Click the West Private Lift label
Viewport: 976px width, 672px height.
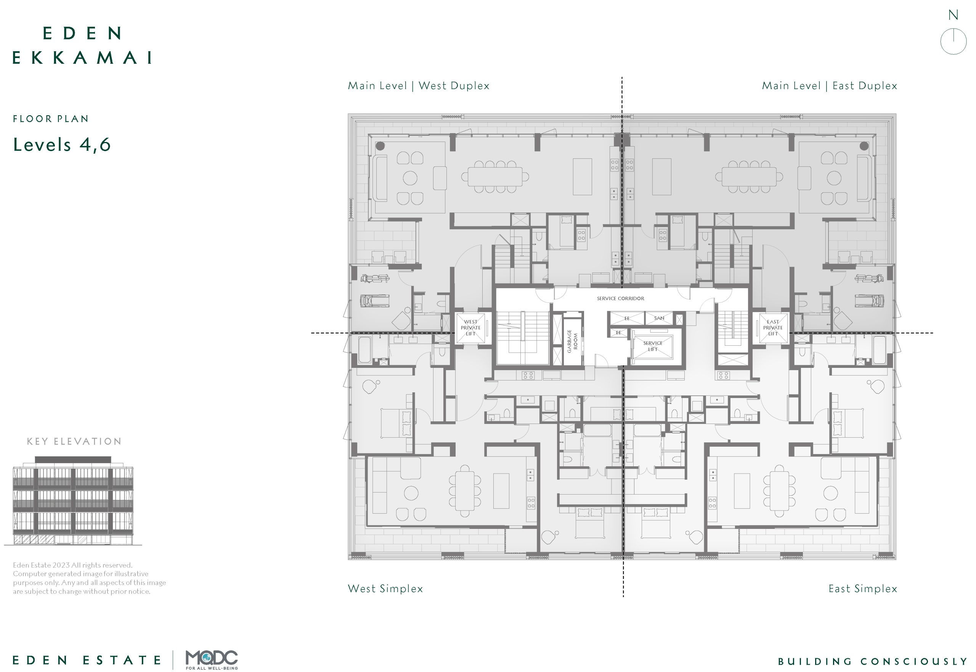[470, 327]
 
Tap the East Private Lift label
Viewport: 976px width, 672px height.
[773, 327]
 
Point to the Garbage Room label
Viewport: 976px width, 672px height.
[572, 341]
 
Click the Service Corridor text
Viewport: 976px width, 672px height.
[621, 298]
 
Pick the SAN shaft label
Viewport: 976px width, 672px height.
[659, 318]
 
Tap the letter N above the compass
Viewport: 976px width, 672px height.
[953, 15]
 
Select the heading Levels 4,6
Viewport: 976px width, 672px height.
[62, 144]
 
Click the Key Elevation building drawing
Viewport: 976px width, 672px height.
[73, 501]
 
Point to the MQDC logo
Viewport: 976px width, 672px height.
[212, 660]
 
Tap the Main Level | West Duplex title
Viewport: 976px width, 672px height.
[419, 86]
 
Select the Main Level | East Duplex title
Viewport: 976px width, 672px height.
[829, 86]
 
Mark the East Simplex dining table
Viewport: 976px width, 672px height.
[779, 490]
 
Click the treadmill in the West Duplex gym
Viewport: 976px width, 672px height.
[374, 301]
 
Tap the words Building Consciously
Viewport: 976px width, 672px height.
[873, 661]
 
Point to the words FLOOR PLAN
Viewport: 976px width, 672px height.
[50, 119]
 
